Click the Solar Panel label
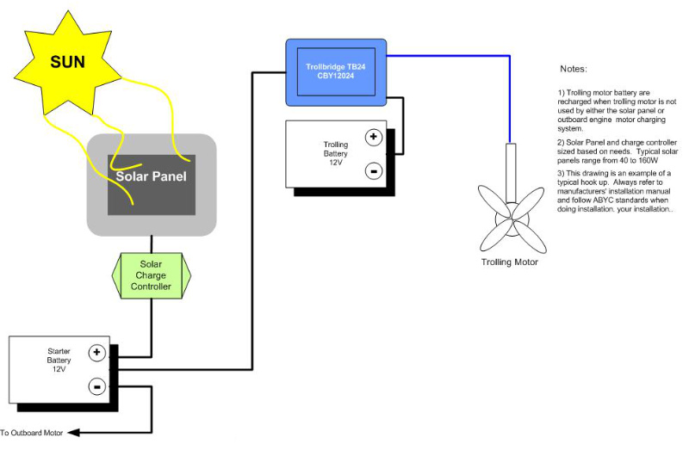click(151, 176)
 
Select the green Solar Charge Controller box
click(150, 274)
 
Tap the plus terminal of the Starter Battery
click(96, 352)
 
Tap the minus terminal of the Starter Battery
click(96, 386)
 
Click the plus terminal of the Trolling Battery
click(373, 136)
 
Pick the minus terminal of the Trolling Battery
click(373, 170)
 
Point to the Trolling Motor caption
click(509, 262)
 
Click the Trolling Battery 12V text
click(335, 153)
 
